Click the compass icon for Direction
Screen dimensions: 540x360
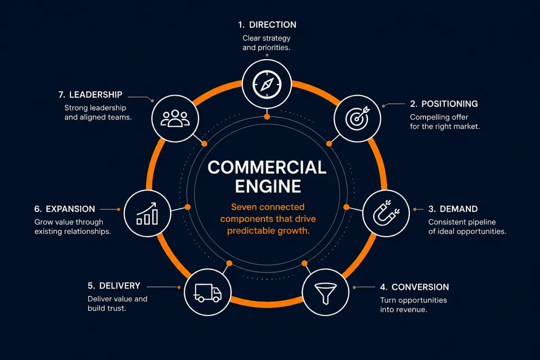pos(267,85)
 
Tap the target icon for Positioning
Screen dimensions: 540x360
pos(357,118)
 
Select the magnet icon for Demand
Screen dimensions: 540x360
pos(386,213)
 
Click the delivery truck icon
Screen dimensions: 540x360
pos(207,293)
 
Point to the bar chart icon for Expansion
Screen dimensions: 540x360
pos(147,214)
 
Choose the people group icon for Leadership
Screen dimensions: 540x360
pos(175,118)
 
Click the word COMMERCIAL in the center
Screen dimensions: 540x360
pos(267,167)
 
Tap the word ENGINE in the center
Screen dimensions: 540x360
pos(268,186)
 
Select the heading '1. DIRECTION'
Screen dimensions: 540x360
pos(267,25)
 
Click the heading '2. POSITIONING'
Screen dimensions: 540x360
pos(444,104)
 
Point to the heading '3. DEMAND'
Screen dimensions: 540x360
pos(453,209)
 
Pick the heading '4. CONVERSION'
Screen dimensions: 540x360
pos(414,287)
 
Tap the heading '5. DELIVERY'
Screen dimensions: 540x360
pos(114,286)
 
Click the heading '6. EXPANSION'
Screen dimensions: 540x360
pos(65,209)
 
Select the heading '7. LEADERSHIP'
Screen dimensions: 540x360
pos(90,95)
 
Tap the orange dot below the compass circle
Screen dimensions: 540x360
pos(267,117)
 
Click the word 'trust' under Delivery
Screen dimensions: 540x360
pos(116,308)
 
